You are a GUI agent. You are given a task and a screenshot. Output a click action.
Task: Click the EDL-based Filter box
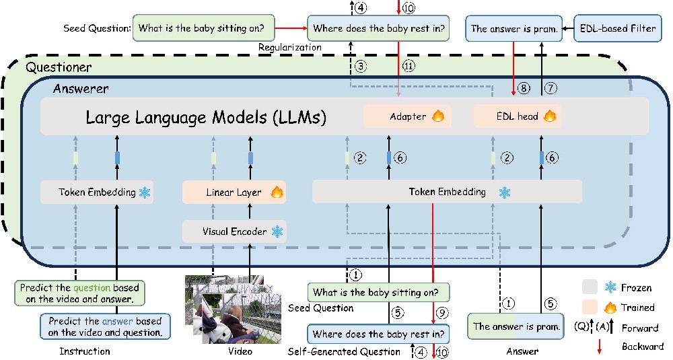pyautogui.click(x=618, y=29)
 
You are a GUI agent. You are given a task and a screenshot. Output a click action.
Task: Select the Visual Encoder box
pyautogui.click(x=234, y=231)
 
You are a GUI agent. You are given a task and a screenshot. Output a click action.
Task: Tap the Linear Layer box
pyautogui.click(x=234, y=192)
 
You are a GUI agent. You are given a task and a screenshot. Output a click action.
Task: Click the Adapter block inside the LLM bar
pyautogui.click(x=408, y=116)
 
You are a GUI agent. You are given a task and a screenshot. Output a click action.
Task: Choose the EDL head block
pyautogui.click(x=518, y=116)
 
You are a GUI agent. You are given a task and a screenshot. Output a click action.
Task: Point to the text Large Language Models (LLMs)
pyautogui.click(x=206, y=117)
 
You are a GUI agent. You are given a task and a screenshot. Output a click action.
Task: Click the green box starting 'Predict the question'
pyautogui.click(x=79, y=293)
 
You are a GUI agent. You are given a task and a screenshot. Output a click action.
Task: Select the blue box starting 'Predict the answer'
pyautogui.click(x=105, y=326)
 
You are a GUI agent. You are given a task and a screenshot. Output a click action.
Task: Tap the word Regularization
pyautogui.click(x=289, y=47)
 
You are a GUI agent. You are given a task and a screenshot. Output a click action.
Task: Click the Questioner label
pyautogui.click(x=59, y=67)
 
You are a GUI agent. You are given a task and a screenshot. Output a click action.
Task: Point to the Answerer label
pyautogui.click(x=81, y=89)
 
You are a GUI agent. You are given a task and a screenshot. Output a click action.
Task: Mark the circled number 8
pyautogui.click(x=523, y=88)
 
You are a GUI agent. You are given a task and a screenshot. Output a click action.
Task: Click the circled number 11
pyautogui.click(x=409, y=66)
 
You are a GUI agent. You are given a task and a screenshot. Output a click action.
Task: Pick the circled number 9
pyautogui.click(x=441, y=312)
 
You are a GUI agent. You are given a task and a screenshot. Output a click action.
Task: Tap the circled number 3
pyautogui.click(x=361, y=66)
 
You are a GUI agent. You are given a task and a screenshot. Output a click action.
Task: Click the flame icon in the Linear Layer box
pyautogui.click(x=277, y=192)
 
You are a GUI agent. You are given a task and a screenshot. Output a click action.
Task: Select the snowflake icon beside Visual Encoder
pyautogui.click(x=278, y=231)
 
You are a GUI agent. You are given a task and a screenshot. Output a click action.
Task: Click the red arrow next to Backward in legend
pyautogui.click(x=600, y=347)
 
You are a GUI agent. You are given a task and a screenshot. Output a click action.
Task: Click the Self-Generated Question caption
pyautogui.click(x=344, y=352)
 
